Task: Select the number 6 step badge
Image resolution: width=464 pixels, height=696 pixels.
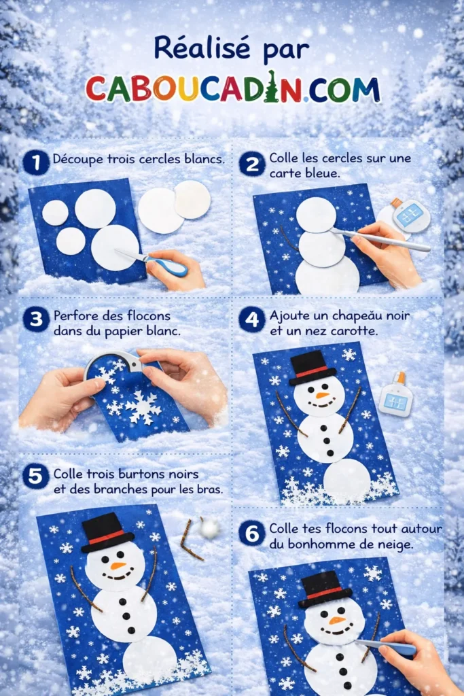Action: point(251,534)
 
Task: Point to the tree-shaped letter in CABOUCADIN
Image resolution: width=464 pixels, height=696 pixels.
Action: point(272,87)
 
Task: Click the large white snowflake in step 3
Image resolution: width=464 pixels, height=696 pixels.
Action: point(144,406)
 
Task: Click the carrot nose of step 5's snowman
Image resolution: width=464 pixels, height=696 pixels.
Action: point(118,565)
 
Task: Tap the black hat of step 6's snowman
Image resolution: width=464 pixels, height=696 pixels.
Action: point(324,589)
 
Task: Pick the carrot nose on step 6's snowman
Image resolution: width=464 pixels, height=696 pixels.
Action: point(337,620)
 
